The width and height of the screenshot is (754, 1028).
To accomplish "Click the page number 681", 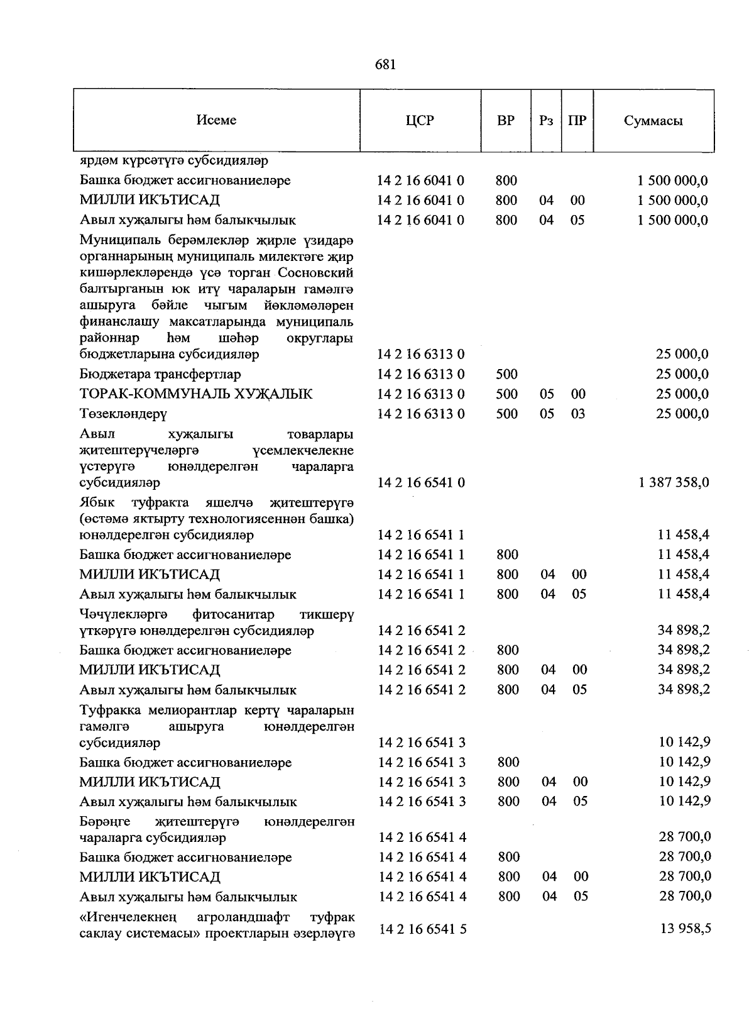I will (385, 65).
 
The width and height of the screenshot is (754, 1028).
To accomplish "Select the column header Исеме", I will (216, 120).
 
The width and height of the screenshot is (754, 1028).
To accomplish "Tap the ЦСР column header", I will (420, 121).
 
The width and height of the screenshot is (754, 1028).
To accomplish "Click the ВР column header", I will (505, 121).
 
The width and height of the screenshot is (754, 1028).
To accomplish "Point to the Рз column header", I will (546, 121).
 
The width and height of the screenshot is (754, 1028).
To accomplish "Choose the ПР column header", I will (577, 121).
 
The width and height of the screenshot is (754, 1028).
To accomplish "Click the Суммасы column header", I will (653, 121).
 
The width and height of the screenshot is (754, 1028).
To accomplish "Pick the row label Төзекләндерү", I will (123, 414).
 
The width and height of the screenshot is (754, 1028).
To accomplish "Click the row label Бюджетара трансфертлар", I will (160, 375).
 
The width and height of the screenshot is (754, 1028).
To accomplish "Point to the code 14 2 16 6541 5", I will (422, 929).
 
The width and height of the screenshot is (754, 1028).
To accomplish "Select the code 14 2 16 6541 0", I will (421, 483).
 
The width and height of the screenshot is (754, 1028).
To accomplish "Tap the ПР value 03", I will (578, 414).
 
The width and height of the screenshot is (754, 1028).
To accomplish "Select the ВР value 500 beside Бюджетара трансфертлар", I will (506, 375).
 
